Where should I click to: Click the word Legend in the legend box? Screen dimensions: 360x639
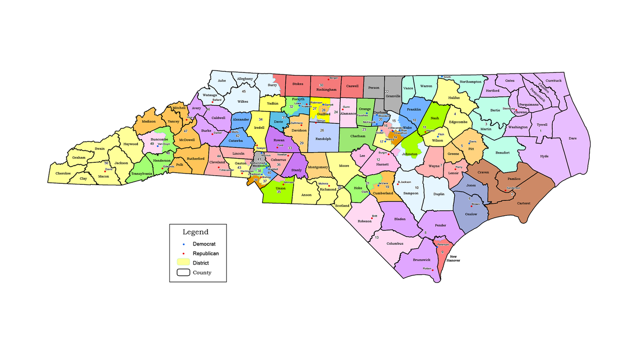[196, 232]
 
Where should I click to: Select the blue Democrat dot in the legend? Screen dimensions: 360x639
[183, 243]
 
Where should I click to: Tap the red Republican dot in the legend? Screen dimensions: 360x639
[183, 253]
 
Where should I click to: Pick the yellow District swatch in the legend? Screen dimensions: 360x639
[183, 262]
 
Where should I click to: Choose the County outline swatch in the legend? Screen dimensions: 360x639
[183, 273]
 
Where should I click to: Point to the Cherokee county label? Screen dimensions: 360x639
[63, 173]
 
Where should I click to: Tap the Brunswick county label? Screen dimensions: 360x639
[421, 260]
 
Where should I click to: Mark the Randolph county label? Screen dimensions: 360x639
[323, 139]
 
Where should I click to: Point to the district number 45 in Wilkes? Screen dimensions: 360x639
[244, 91]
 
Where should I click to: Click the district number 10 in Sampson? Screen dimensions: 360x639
[417, 188]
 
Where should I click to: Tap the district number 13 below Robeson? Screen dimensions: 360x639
[377, 237]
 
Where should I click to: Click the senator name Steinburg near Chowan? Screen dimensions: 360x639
[508, 109]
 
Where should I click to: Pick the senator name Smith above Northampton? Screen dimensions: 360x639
[447, 77]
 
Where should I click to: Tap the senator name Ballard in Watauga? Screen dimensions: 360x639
[217, 100]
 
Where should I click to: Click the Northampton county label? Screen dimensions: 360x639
[470, 82]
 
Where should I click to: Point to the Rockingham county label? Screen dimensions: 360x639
[326, 89]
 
